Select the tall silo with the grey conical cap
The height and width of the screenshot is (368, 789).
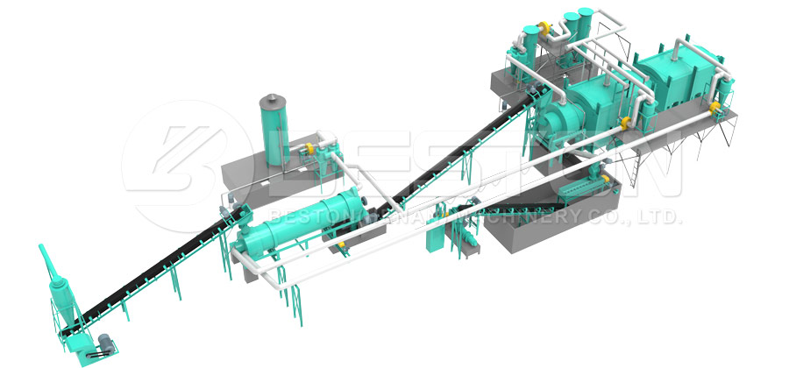274,130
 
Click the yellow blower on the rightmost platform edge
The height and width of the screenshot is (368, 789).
714,107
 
